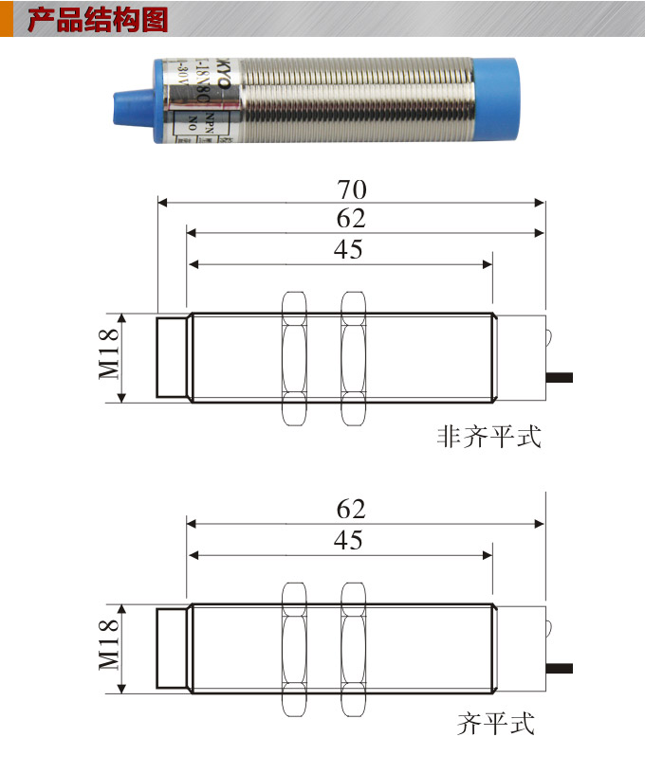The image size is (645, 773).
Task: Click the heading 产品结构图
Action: coord(98,20)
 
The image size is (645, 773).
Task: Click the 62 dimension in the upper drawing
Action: coord(351,219)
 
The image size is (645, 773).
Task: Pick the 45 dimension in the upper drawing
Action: coord(348,250)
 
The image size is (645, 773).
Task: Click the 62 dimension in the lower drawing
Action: coord(351,509)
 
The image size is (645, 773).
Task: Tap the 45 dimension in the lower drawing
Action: coord(348,540)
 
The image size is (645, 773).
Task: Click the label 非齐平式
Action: coord(488,437)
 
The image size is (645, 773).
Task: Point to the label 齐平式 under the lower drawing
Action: coord(496,726)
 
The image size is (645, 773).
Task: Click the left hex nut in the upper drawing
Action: coord(295,358)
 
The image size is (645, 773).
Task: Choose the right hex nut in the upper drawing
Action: coord(354,358)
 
